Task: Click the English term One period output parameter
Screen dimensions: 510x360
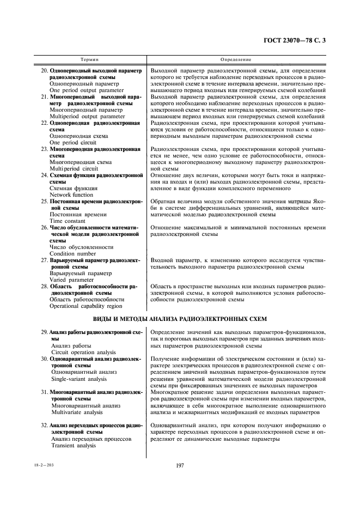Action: click(86, 90)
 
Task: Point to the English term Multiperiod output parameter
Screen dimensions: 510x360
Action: click(87, 116)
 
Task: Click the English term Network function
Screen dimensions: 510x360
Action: click(71, 195)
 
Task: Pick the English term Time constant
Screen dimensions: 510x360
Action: click(68, 221)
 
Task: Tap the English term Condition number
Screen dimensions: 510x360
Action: click(73, 253)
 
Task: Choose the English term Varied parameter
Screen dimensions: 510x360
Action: click(71, 280)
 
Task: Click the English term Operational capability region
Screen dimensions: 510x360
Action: click(86, 306)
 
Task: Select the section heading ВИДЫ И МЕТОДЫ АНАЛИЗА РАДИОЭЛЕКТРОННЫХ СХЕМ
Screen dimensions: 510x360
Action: click(180, 319)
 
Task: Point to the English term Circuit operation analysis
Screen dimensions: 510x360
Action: click(83, 352)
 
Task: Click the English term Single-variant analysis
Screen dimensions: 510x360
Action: click(79, 379)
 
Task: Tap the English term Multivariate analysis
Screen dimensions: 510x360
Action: click(77, 412)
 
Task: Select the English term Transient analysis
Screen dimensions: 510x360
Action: click(73, 445)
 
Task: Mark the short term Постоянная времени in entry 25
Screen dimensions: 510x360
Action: click(78, 215)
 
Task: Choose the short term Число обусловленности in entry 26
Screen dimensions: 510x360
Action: click(81, 247)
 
